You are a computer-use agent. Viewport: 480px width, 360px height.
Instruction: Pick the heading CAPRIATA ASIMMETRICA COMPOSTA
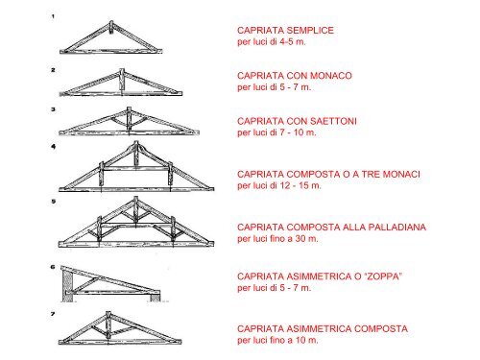(x=322, y=329)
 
